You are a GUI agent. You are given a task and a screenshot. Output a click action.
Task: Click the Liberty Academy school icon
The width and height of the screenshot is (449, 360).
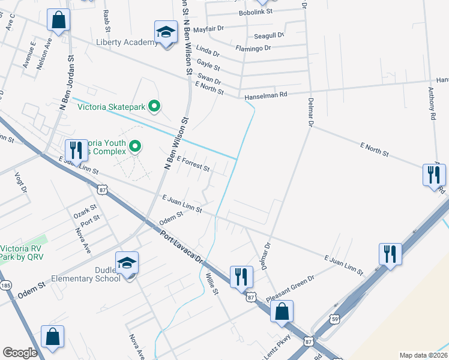(166, 32)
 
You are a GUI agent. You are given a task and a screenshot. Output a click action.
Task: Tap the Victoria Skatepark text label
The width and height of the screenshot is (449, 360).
(112, 107)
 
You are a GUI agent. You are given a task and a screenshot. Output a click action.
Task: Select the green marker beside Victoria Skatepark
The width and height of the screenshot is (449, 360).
(154, 107)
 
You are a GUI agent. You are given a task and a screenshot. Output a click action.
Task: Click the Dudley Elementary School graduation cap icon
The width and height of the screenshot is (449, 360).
(127, 263)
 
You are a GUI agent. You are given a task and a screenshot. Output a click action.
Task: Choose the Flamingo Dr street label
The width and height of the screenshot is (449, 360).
(253, 48)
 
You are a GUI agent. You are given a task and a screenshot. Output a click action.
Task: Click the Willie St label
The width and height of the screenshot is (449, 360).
(211, 283)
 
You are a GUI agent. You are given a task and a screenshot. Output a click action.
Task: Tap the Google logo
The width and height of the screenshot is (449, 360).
(20, 353)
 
